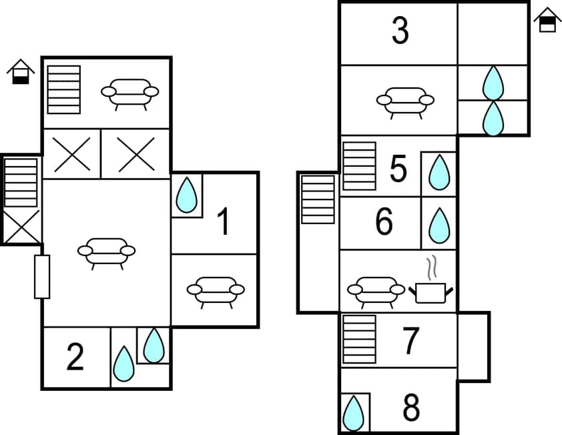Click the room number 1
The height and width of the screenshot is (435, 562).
[x=224, y=222]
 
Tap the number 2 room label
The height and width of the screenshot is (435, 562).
[x=75, y=358]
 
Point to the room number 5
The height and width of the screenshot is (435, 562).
[x=398, y=170]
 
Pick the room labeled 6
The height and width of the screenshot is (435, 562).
[x=384, y=223]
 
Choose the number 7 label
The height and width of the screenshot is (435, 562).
[x=410, y=341]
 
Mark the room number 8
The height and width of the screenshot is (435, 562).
[x=411, y=408]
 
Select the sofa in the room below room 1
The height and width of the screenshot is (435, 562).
[x=215, y=291]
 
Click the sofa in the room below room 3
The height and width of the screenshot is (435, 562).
[x=405, y=101]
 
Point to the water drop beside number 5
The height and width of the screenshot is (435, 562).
[x=439, y=173]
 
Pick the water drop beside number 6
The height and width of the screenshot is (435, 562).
[x=439, y=226]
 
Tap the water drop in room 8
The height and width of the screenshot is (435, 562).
[x=353, y=414]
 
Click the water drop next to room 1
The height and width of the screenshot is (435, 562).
[x=187, y=195]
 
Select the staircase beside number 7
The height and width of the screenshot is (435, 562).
[x=359, y=339]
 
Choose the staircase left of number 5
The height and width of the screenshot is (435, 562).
[x=359, y=165]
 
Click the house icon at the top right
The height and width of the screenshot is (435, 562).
[x=547, y=20]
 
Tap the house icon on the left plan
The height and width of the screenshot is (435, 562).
[x=21, y=72]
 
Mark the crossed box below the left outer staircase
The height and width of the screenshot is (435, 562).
[x=22, y=227]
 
